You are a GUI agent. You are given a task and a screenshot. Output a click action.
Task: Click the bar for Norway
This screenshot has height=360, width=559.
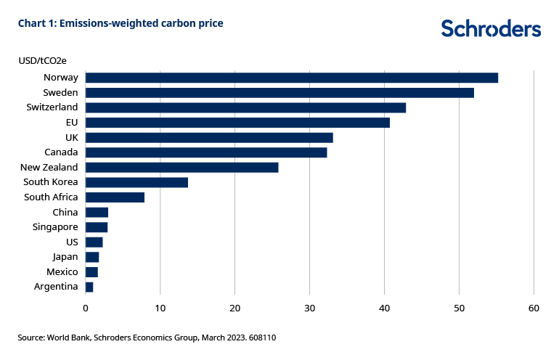coord(291,78)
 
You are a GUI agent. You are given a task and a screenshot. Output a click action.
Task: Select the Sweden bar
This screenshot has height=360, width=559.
coord(279,93)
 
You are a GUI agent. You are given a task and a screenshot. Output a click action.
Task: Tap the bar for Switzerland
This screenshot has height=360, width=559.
coord(245,107)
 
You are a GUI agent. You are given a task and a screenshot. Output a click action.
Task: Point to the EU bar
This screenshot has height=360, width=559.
coord(237,123)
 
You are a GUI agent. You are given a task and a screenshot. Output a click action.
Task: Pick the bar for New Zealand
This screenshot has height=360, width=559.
coord(181,168)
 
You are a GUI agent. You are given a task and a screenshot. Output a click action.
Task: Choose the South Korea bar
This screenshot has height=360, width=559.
coord(136,182)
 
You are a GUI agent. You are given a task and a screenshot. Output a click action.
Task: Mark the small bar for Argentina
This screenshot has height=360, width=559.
coord(89,287)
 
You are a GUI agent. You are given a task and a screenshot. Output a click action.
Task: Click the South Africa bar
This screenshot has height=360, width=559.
coord(115,197)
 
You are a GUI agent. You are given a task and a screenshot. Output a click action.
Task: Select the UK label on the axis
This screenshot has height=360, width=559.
coord(71,137)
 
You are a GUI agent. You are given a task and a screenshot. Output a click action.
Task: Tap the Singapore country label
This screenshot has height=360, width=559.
coord(55,227)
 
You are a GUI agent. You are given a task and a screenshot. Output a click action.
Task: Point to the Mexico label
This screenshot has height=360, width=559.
coord(62,272)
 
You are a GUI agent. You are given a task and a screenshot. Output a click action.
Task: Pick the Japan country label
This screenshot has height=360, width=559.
coord(65,257)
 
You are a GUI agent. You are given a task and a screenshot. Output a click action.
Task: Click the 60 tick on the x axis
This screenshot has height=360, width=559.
coord(534,308)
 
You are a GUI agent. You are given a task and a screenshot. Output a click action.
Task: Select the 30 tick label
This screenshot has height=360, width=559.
coord(309,308)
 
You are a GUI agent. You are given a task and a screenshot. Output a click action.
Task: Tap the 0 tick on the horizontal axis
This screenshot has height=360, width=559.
coord(86,308)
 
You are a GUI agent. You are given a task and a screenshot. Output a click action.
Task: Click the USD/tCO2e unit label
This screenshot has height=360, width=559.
coord(46,61)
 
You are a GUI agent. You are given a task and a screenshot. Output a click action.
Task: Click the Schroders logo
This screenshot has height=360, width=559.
coord(491,28)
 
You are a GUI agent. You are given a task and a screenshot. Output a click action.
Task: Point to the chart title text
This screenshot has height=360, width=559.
coord(121,23)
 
